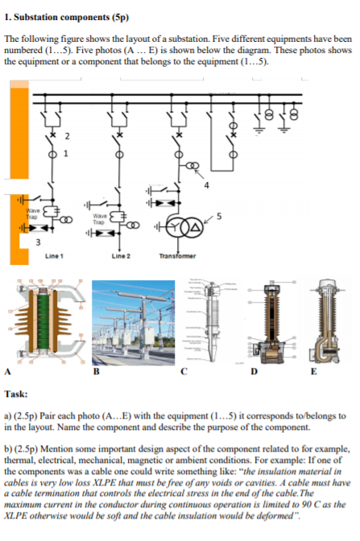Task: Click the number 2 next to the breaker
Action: point(68,134)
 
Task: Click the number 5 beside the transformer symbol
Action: point(218,216)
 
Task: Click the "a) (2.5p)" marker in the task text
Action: point(23,414)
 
